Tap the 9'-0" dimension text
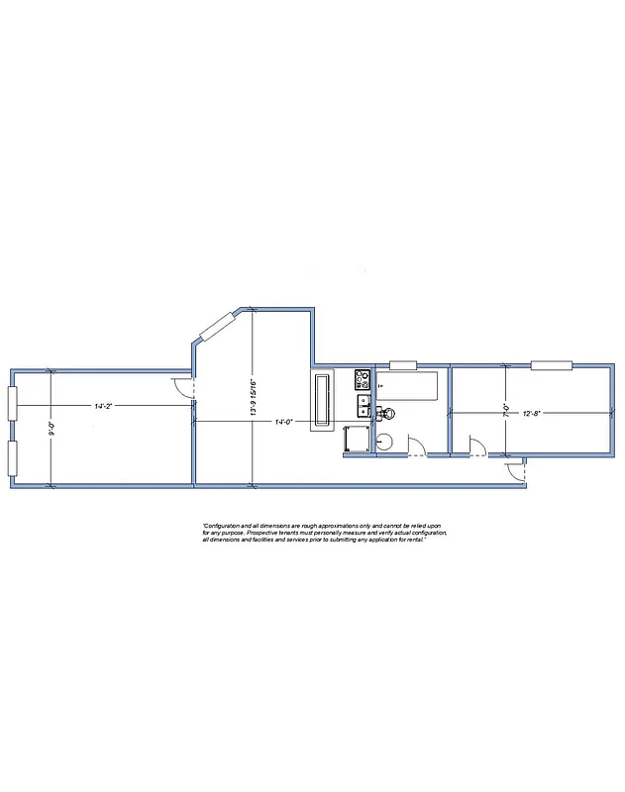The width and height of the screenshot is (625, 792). (52, 430)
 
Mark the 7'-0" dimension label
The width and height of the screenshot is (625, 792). (506, 409)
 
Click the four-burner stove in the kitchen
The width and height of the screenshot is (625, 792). (363, 377)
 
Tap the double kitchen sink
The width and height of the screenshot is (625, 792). (364, 404)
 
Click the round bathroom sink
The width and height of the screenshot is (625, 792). (386, 442)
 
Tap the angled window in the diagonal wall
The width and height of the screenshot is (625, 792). (218, 327)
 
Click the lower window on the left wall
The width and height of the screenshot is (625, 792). (12, 457)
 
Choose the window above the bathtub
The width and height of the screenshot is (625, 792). (403, 365)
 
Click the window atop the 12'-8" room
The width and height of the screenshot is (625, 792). (551, 365)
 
